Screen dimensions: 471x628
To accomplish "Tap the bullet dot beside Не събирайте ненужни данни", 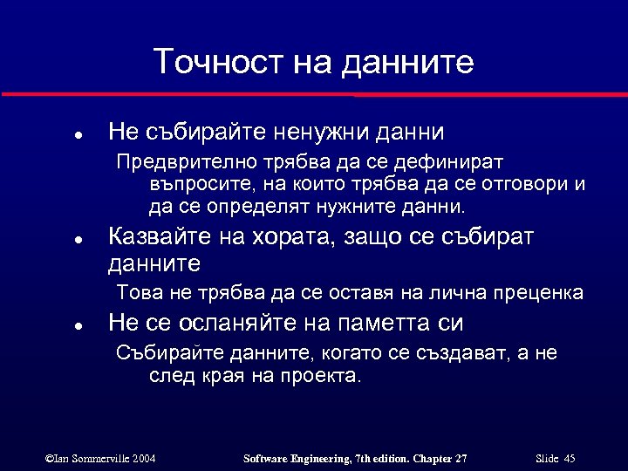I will (x=78, y=135).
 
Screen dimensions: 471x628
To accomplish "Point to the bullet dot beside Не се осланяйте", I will (x=78, y=326).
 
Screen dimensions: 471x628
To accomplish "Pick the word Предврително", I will (x=178, y=162).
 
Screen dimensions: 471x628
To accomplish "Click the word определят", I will (x=253, y=208).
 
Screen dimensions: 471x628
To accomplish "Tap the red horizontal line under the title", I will (x=314, y=92).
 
